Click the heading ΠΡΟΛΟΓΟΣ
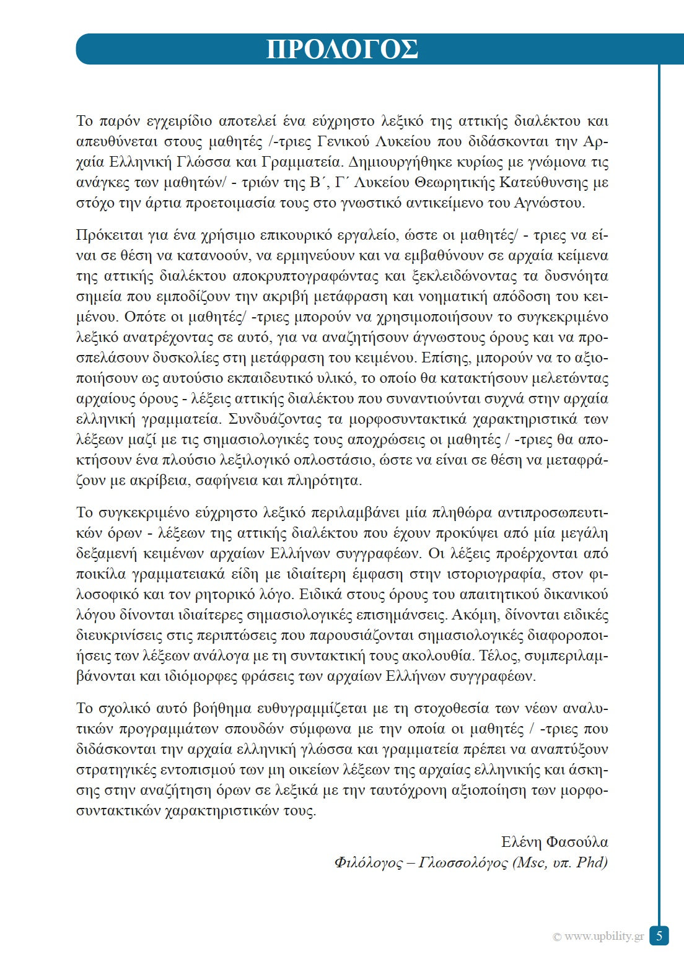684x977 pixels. click(342, 50)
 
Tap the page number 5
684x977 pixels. click(659, 935)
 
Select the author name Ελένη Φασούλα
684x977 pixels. click(555, 842)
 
